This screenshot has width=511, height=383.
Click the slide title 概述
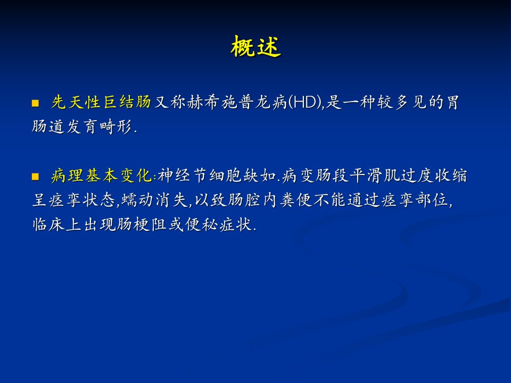click(x=256, y=47)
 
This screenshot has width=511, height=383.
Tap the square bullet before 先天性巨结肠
click(x=35, y=104)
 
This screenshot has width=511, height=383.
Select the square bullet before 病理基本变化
click(x=35, y=177)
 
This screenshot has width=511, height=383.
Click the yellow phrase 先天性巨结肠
click(x=101, y=102)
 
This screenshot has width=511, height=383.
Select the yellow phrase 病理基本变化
click(x=101, y=176)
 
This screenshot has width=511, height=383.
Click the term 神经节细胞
click(x=199, y=176)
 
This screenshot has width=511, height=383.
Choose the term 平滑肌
click(x=374, y=176)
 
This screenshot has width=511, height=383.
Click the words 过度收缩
click(x=434, y=176)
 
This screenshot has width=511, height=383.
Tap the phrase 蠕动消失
click(x=154, y=200)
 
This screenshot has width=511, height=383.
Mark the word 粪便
click(x=295, y=200)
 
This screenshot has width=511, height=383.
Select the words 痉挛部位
click(x=415, y=200)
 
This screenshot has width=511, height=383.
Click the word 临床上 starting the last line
click(x=57, y=224)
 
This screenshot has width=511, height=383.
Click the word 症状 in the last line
click(x=235, y=224)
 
